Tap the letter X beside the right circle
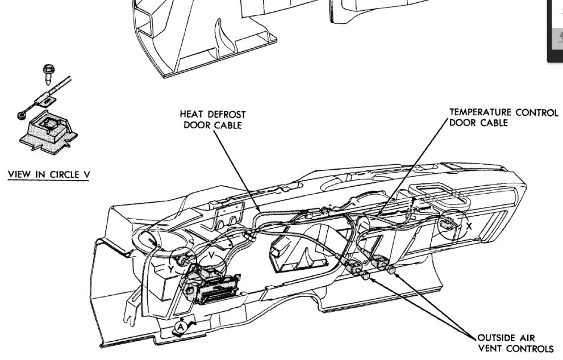coord(469,225)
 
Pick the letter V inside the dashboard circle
coord(211,256)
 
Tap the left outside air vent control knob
coord(365,276)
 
